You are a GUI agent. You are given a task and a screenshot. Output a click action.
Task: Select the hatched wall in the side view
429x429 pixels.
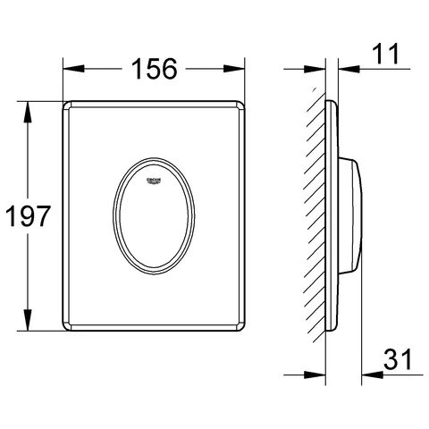pyautogui.click(x=315, y=214)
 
